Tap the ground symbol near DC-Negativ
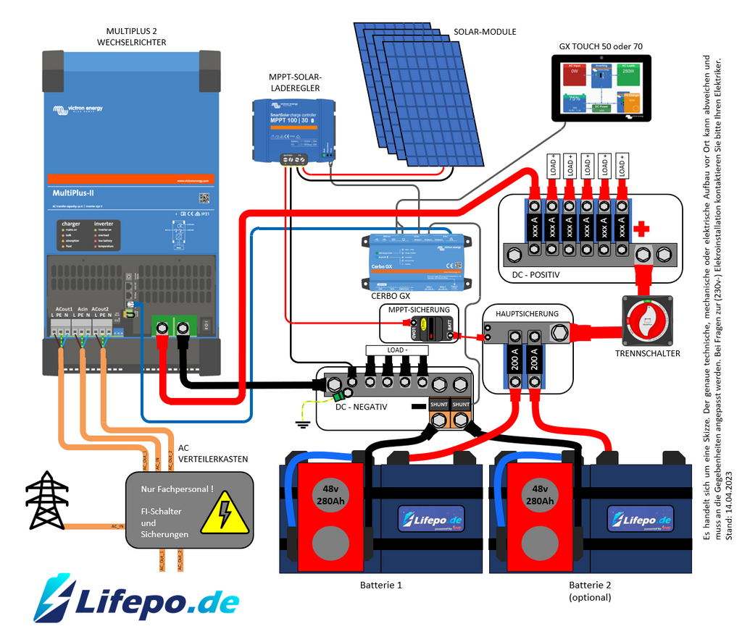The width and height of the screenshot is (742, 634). pos(304,423)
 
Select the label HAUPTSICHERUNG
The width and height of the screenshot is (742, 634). pos(527,313)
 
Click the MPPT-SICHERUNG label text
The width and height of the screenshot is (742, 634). pos(419,310)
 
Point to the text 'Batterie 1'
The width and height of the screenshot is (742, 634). pos(381,584)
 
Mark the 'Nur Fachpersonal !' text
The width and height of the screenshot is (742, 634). pos(178,489)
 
